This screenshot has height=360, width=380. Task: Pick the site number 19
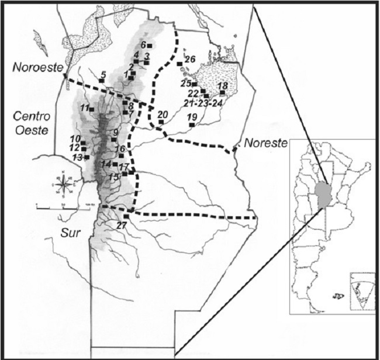(192, 117)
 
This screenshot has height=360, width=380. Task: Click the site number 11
(85, 108)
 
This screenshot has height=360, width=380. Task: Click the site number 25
(186, 83)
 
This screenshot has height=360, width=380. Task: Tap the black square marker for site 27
(126, 217)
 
